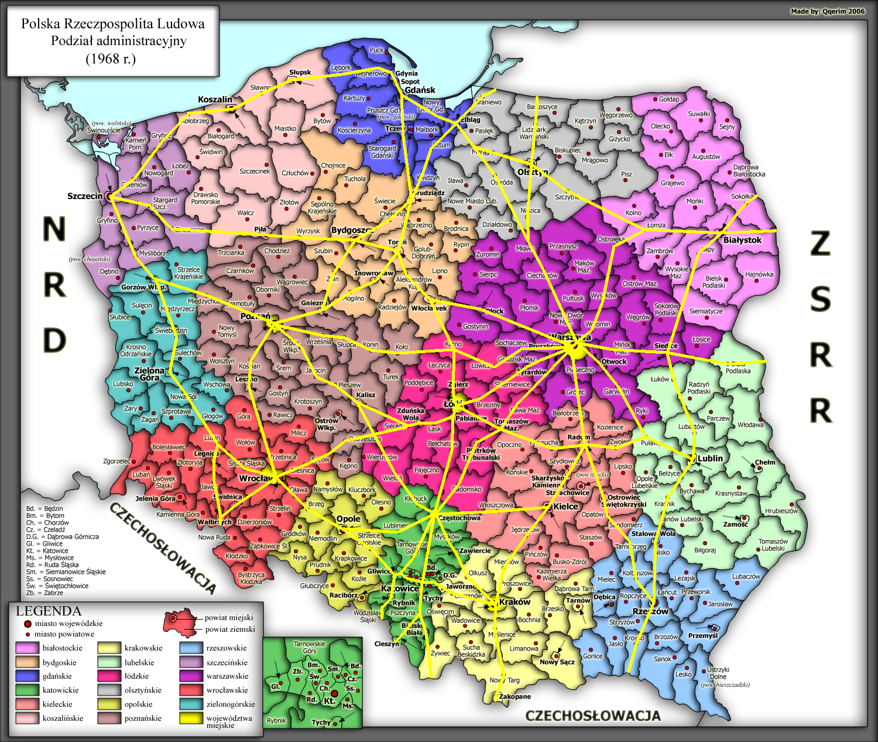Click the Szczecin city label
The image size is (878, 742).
tap(85, 196)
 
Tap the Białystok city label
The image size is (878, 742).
tap(742, 240)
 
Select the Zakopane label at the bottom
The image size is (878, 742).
tap(515, 697)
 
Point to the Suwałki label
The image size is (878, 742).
tap(699, 114)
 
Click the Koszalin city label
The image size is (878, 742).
tap(215, 100)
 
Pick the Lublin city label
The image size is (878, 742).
tap(710, 459)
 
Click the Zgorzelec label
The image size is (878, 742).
tap(116, 461)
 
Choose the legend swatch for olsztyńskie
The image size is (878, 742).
tap(109, 690)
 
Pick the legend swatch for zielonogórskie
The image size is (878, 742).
tap(191, 705)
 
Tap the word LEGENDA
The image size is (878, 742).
tap(48, 611)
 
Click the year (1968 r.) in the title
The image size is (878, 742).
tap(111, 59)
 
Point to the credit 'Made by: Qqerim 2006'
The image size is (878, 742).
tap(827, 12)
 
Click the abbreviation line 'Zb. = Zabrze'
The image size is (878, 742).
tap(44, 593)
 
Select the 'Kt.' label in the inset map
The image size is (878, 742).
tap(330, 700)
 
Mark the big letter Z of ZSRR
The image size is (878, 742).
tap(820, 244)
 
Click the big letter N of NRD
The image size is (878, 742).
tap(54, 230)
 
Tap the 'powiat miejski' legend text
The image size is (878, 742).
tap(229, 617)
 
